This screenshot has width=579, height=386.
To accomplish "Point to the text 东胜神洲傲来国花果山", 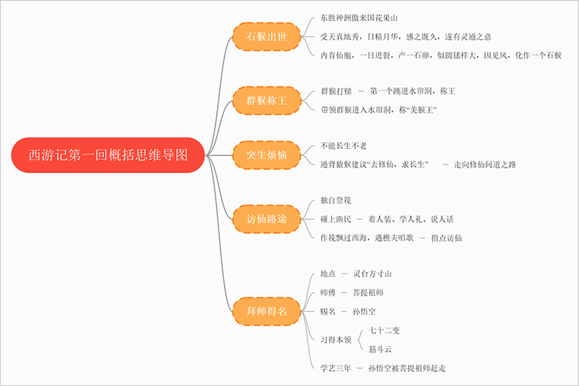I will [359, 18].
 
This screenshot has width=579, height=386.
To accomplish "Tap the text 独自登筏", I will [336, 201].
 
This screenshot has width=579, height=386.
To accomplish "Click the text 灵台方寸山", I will [378, 274].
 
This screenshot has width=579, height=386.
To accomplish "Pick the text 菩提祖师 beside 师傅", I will [368, 293].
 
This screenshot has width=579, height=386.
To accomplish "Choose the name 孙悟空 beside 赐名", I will [364, 311].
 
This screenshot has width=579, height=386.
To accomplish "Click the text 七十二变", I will [384, 330].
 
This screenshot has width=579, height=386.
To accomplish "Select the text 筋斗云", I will [380, 349].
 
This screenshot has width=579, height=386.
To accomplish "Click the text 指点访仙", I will [446, 238].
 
